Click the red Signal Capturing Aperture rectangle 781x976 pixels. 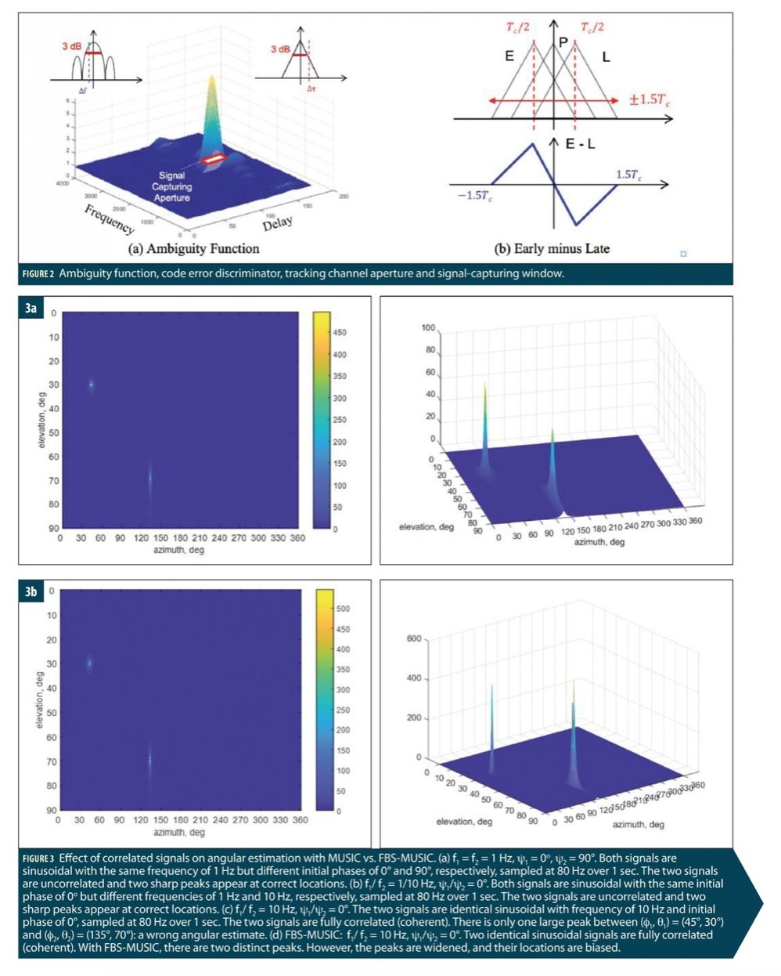pos(214,159)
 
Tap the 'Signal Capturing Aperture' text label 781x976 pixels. pos(171,186)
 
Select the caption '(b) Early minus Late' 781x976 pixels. pos(551,249)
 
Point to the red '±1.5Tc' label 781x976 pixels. pos(650,100)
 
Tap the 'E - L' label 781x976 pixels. pos(580,144)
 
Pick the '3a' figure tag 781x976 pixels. pos(31,308)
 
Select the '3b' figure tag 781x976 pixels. pos(31,591)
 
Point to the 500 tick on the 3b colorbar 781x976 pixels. pos(343,609)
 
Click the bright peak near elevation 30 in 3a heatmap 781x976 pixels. pos(91,384)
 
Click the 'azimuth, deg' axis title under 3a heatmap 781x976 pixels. pos(179,550)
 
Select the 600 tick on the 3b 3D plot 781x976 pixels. pos(414,639)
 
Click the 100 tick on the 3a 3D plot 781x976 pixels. pos(428,327)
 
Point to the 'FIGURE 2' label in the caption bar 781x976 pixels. pos(38,273)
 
